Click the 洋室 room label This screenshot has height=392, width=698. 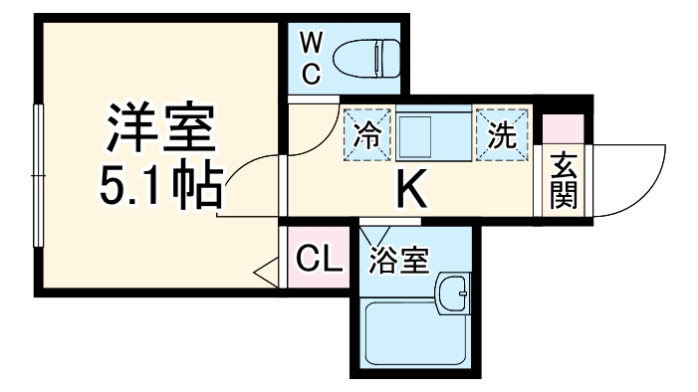(x=159, y=126)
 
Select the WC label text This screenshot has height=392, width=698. (x=309, y=57)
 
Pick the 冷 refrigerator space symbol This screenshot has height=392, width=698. (x=367, y=134)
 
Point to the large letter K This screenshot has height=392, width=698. (x=412, y=189)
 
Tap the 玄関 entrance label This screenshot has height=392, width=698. (x=564, y=180)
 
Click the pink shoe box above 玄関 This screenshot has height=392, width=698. (x=564, y=128)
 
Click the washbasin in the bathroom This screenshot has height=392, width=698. (x=454, y=294)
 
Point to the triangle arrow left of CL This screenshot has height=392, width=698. (x=268, y=270)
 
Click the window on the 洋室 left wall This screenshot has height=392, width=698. (x=37, y=175)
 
